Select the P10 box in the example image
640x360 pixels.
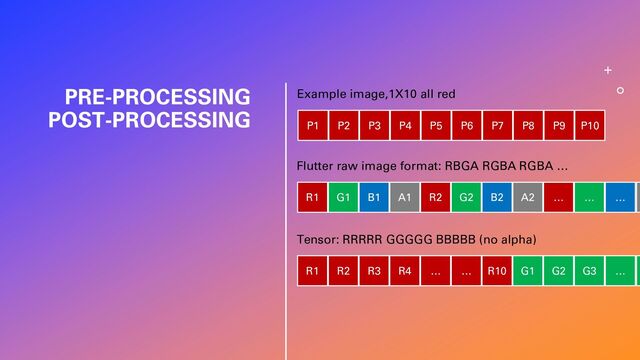point(590,125)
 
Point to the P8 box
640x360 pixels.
point(528,125)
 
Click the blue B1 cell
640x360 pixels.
point(374,198)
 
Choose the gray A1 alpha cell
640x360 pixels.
point(405,198)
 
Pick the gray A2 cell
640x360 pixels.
point(528,198)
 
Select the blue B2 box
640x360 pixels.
point(497,198)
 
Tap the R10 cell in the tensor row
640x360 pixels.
point(497,271)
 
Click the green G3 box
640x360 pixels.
point(590,271)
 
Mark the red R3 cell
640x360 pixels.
point(374,271)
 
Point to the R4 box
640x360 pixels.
point(405,271)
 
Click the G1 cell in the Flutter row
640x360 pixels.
point(343,198)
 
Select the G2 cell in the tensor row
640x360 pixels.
point(559,271)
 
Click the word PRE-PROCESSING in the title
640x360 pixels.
point(157,98)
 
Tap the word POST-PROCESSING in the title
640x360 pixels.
point(149,120)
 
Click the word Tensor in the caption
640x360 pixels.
point(317,240)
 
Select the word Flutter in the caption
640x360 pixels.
point(318,166)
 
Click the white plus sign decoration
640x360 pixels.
point(608,71)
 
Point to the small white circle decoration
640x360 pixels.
point(620,90)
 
